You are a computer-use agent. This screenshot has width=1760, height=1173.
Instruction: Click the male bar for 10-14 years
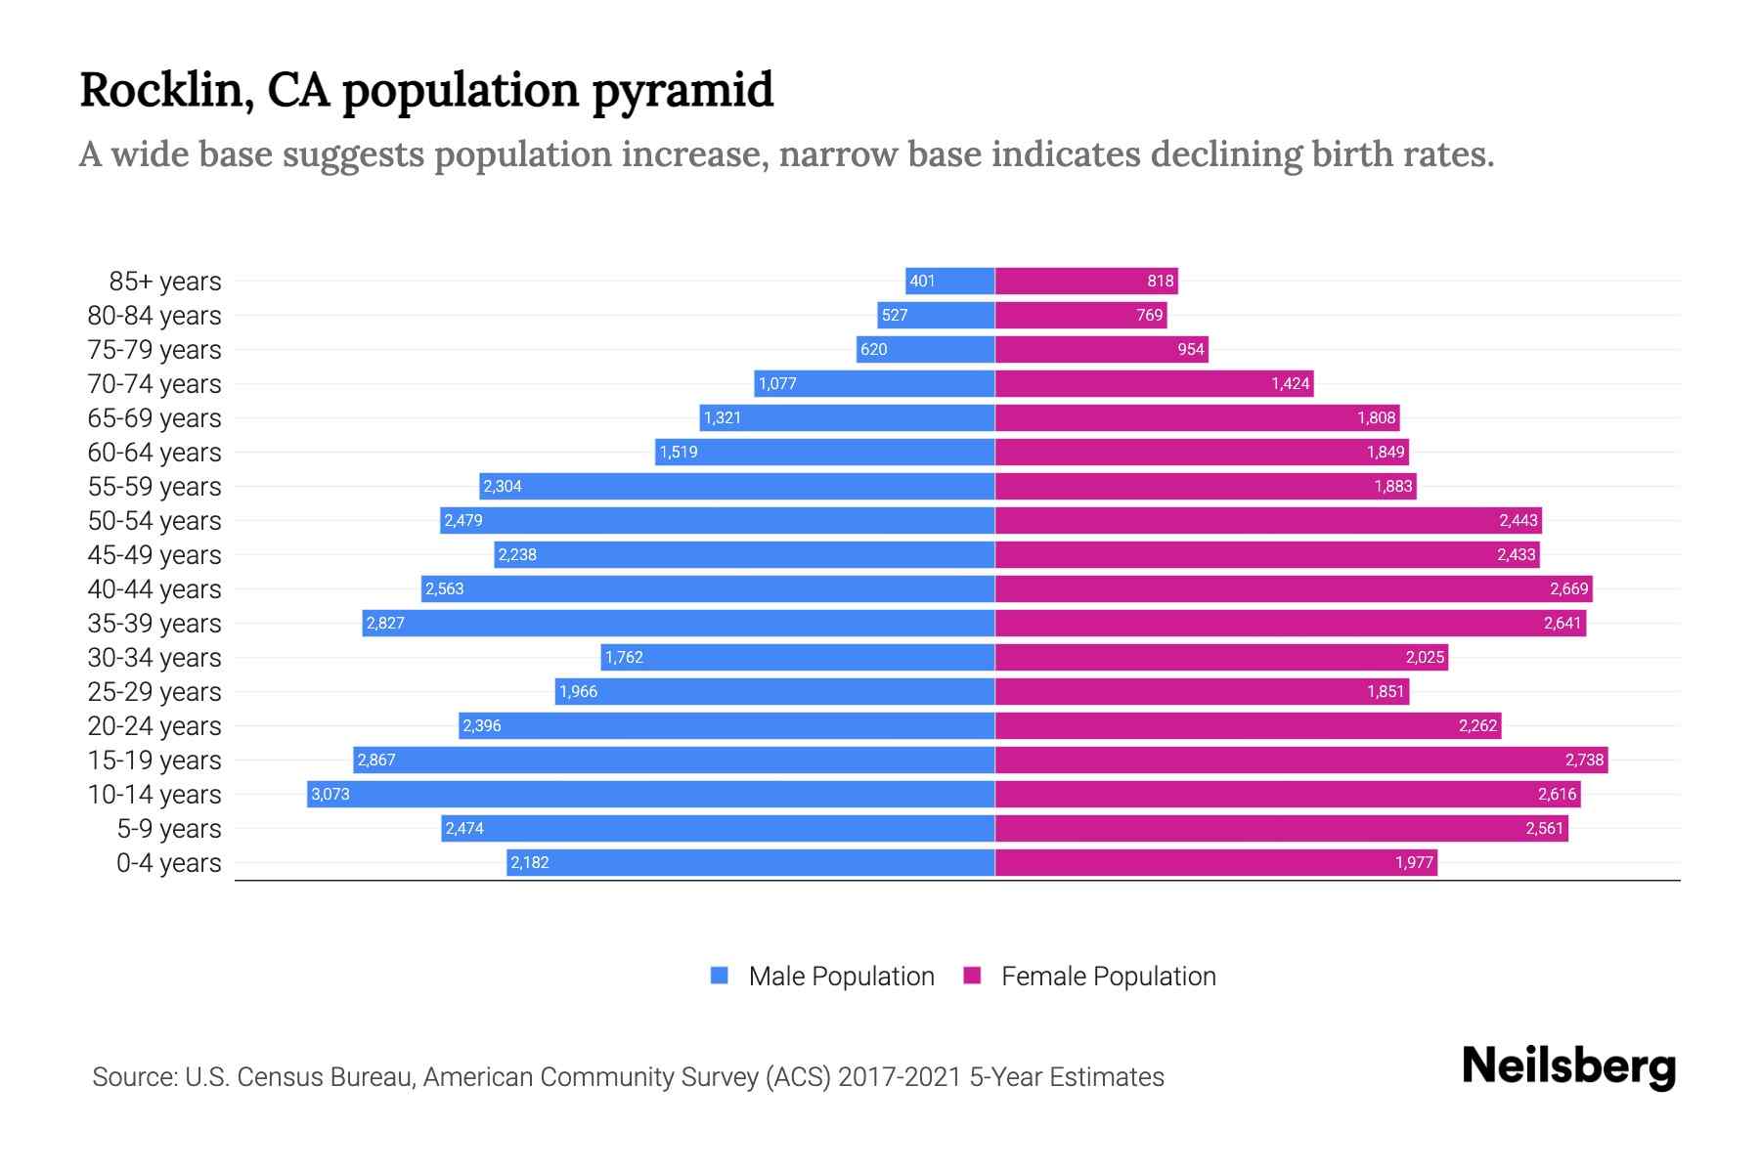point(650,794)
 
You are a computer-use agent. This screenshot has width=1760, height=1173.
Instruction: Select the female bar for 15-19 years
point(1300,760)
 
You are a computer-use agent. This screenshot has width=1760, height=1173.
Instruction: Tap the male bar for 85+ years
point(950,281)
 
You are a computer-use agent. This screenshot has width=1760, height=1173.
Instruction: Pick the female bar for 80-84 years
point(1080,315)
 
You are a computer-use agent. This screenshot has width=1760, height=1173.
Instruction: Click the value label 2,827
point(385,623)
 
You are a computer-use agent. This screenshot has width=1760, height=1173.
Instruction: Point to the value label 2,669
point(1568,588)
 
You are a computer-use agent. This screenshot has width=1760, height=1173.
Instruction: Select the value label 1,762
point(624,657)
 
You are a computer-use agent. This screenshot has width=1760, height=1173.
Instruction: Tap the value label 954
point(1190,349)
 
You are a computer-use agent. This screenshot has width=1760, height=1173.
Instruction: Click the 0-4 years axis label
point(168,863)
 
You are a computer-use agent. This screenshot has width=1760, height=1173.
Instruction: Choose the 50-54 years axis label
point(154,521)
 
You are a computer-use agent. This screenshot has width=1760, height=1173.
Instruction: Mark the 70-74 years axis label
point(154,384)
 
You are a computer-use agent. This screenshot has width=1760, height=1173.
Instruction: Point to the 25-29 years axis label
point(154,692)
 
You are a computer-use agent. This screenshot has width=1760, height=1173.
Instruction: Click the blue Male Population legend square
point(720,976)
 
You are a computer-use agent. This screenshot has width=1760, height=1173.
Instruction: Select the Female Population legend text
point(1108,977)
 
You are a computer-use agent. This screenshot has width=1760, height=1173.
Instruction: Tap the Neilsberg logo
point(1568,1065)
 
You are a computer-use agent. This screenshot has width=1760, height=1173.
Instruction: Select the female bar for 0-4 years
point(1215,862)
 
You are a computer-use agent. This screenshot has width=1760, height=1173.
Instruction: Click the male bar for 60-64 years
point(824,452)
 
